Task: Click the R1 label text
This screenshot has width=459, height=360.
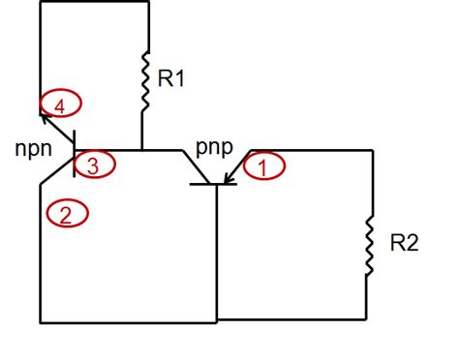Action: click(x=169, y=78)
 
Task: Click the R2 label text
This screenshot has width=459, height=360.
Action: click(x=405, y=243)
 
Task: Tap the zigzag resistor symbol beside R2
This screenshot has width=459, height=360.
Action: click(x=369, y=243)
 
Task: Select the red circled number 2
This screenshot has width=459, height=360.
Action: click(x=66, y=214)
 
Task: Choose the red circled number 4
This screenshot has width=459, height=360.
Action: click(x=60, y=104)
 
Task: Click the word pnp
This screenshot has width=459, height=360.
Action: click(x=215, y=148)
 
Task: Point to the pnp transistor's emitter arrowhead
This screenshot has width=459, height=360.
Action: click(x=229, y=176)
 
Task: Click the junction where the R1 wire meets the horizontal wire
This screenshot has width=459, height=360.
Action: click(x=142, y=151)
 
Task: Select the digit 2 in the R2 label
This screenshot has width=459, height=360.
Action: click(x=413, y=243)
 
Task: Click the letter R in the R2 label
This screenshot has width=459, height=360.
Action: click(x=398, y=243)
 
